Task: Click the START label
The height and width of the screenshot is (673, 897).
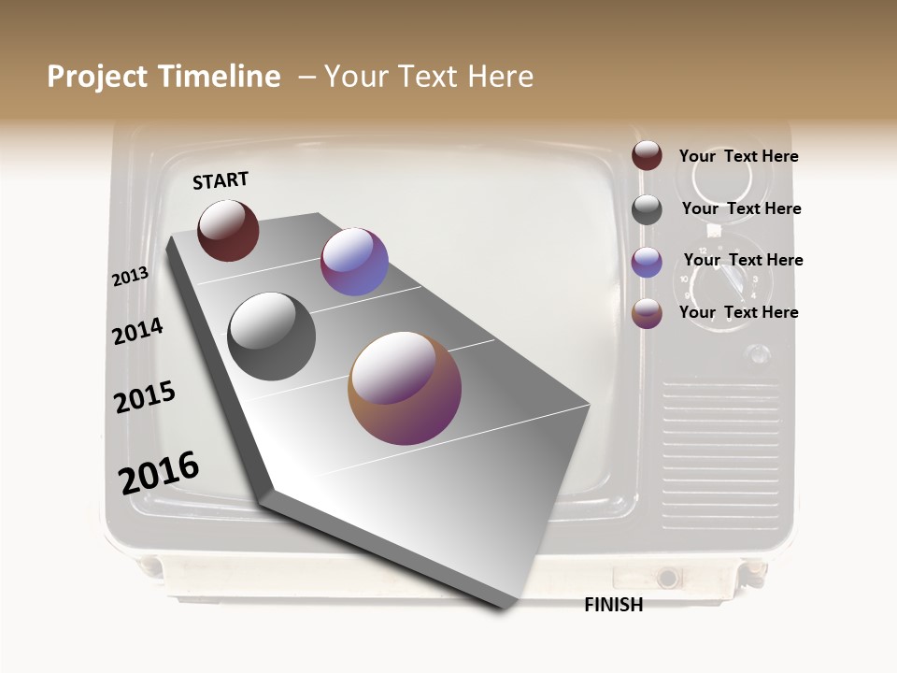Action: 221,180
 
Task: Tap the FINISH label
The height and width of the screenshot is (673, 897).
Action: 613,605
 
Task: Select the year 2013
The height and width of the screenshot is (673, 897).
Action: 130,277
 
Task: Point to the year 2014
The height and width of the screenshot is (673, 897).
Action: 137,331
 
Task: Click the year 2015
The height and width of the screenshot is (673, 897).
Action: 145,397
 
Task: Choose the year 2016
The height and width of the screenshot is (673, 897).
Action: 159,473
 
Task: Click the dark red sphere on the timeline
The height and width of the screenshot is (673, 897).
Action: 228,230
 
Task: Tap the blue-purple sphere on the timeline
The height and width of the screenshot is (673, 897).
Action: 354,262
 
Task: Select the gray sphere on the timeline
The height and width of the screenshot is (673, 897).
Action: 272,336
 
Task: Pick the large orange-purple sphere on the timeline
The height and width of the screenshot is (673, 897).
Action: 405,388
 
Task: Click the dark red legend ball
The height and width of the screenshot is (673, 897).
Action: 647,156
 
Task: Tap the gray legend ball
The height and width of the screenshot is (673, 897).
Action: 647,209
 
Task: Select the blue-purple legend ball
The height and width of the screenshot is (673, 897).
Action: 647,262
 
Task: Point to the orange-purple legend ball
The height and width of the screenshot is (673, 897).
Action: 647,313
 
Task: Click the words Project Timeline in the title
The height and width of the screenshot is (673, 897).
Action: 164,77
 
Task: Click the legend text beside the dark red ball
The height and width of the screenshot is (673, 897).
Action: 738,156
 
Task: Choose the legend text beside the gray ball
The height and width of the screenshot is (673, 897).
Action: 741,208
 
